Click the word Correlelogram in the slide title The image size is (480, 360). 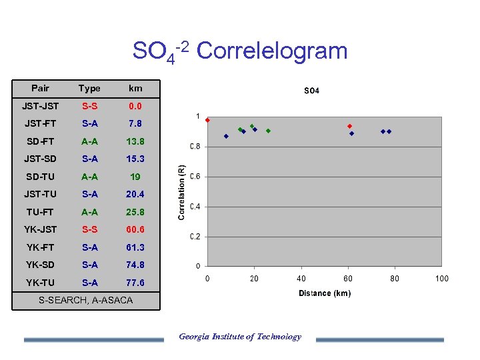coord(273,51)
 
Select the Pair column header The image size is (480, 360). coord(40,88)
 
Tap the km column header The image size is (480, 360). coord(135,88)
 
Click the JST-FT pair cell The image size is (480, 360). coord(40,123)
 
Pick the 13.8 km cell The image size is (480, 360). coord(135,141)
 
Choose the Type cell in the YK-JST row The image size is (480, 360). coord(89,229)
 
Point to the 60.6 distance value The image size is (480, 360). coord(135,229)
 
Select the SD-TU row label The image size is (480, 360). coord(40,177)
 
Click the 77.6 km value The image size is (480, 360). coord(135,283)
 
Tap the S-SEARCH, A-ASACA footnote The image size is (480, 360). coord(85,301)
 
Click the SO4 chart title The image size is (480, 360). coord(311,91)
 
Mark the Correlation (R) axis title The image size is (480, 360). coord(181,192)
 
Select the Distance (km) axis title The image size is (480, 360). coord(324,293)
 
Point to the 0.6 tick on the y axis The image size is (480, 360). coord(195,177)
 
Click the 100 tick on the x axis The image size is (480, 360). coord(441,279)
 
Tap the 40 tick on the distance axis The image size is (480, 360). coord(301,279)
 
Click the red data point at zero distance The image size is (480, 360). coord(207,120)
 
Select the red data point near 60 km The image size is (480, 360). coord(349,126)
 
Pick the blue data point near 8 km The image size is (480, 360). coord(226,136)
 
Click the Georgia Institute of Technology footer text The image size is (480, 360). coord(240,337)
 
